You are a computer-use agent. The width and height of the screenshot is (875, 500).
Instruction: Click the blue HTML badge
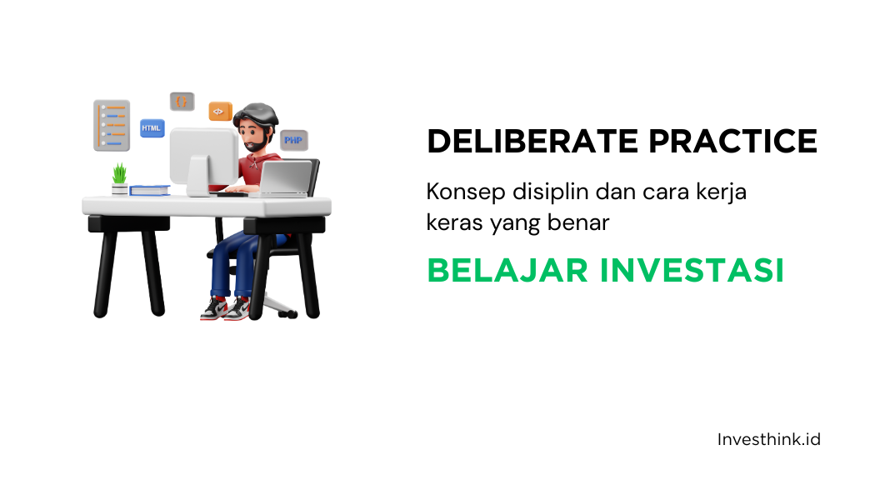point(152,128)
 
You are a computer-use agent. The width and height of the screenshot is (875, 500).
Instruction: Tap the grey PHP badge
point(292,140)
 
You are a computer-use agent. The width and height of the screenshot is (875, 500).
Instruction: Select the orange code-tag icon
point(220,111)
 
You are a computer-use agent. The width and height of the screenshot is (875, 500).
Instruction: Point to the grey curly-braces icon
point(182,102)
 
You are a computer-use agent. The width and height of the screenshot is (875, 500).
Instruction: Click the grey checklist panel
point(112,124)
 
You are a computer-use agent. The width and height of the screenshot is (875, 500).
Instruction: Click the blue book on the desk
point(150,190)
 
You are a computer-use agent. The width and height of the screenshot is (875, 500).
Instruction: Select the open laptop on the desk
point(285,177)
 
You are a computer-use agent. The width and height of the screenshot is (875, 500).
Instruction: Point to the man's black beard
point(256,143)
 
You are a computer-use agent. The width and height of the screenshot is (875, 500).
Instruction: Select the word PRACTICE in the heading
point(733,142)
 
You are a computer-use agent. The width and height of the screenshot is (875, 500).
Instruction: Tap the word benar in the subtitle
point(582,222)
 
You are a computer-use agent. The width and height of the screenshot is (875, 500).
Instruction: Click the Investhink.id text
point(768,438)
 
